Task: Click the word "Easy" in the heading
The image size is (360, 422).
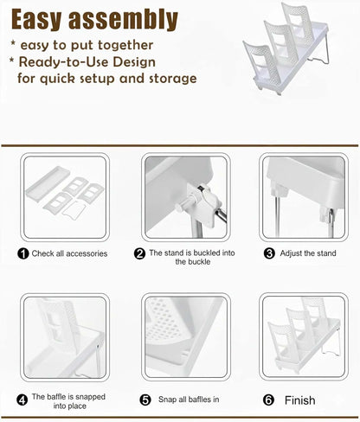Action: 36,20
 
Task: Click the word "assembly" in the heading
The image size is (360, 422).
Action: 123,20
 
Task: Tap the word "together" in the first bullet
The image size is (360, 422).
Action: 125,46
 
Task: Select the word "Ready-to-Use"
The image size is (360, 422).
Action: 64,62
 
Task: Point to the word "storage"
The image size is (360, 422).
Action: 173,79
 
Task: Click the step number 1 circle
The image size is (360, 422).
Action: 23,254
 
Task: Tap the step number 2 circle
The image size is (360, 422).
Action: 139,253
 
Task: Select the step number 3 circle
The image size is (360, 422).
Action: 269,253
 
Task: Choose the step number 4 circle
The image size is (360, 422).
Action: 22,400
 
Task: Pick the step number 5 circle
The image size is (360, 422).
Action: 145,400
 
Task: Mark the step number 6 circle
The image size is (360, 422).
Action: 268,400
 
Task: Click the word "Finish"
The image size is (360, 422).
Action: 300,400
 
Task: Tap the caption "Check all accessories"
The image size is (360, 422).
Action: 69,253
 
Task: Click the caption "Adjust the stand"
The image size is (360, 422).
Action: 308,253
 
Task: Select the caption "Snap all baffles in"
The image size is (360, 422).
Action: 189,400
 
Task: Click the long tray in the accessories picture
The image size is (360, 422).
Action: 48,183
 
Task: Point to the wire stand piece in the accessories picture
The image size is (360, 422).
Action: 74,211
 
